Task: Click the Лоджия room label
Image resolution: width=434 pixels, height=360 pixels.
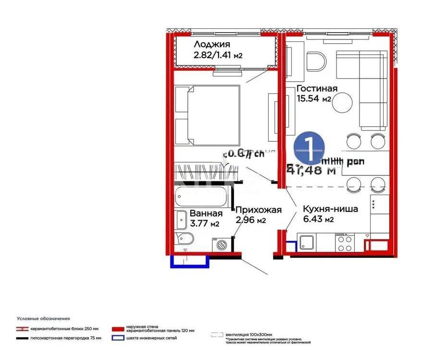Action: click(209, 45)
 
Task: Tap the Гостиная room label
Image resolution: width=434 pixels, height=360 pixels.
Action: click(317, 88)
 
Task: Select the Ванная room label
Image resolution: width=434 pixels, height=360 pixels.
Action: click(206, 213)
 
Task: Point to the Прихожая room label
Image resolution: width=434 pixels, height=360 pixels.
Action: click(258, 210)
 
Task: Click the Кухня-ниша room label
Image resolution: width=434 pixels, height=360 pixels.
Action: click(330, 210)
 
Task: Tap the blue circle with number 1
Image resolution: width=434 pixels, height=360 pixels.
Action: click(310, 148)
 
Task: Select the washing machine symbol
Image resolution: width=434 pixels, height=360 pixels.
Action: click(222, 245)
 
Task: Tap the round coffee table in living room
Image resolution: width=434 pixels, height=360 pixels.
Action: click(343, 102)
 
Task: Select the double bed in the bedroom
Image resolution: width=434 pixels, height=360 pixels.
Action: click(207, 115)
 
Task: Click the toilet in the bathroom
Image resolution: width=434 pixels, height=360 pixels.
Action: click(185, 239)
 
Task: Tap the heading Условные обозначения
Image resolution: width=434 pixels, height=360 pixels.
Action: click(43, 319)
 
